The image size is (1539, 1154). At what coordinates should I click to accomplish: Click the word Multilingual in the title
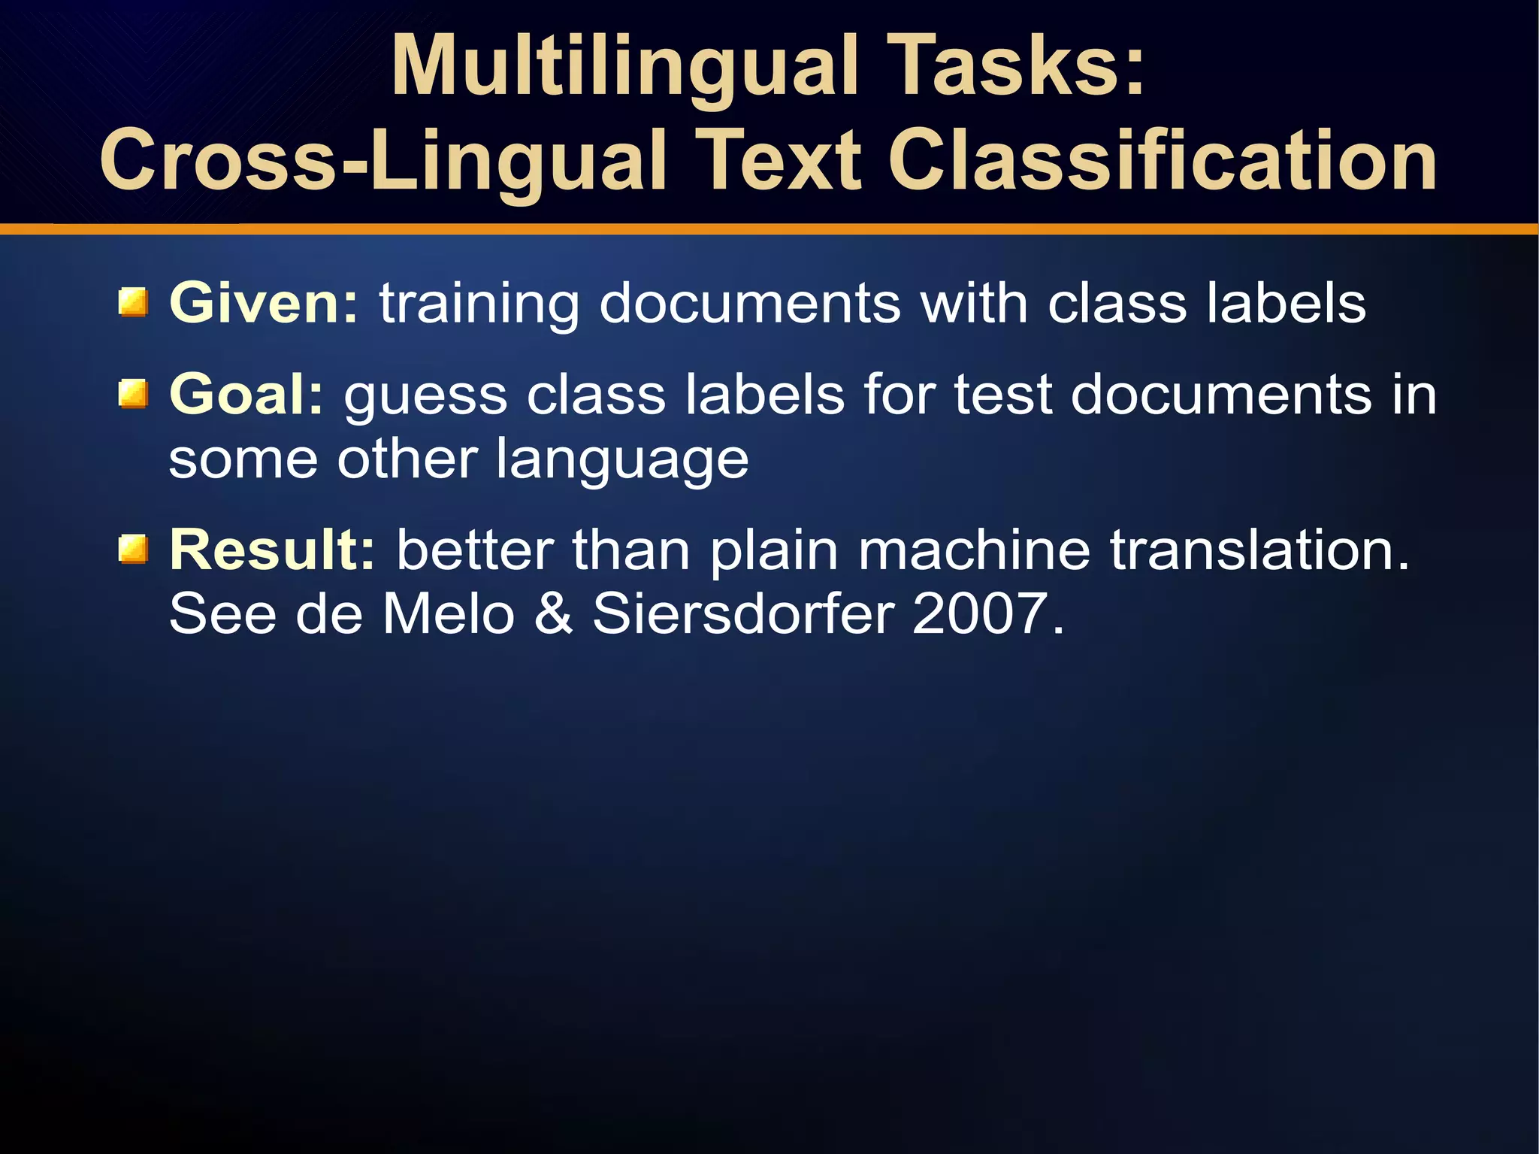tap(624, 68)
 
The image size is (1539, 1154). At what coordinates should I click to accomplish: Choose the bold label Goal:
tap(246, 395)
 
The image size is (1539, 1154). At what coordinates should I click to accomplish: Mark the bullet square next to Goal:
tap(133, 395)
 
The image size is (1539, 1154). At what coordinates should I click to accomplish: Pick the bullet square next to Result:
tap(133, 550)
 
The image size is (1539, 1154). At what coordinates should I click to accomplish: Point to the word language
tap(622, 461)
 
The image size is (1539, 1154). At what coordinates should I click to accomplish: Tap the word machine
tap(974, 550)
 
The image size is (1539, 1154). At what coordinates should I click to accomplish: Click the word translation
tap(1259, 550)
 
